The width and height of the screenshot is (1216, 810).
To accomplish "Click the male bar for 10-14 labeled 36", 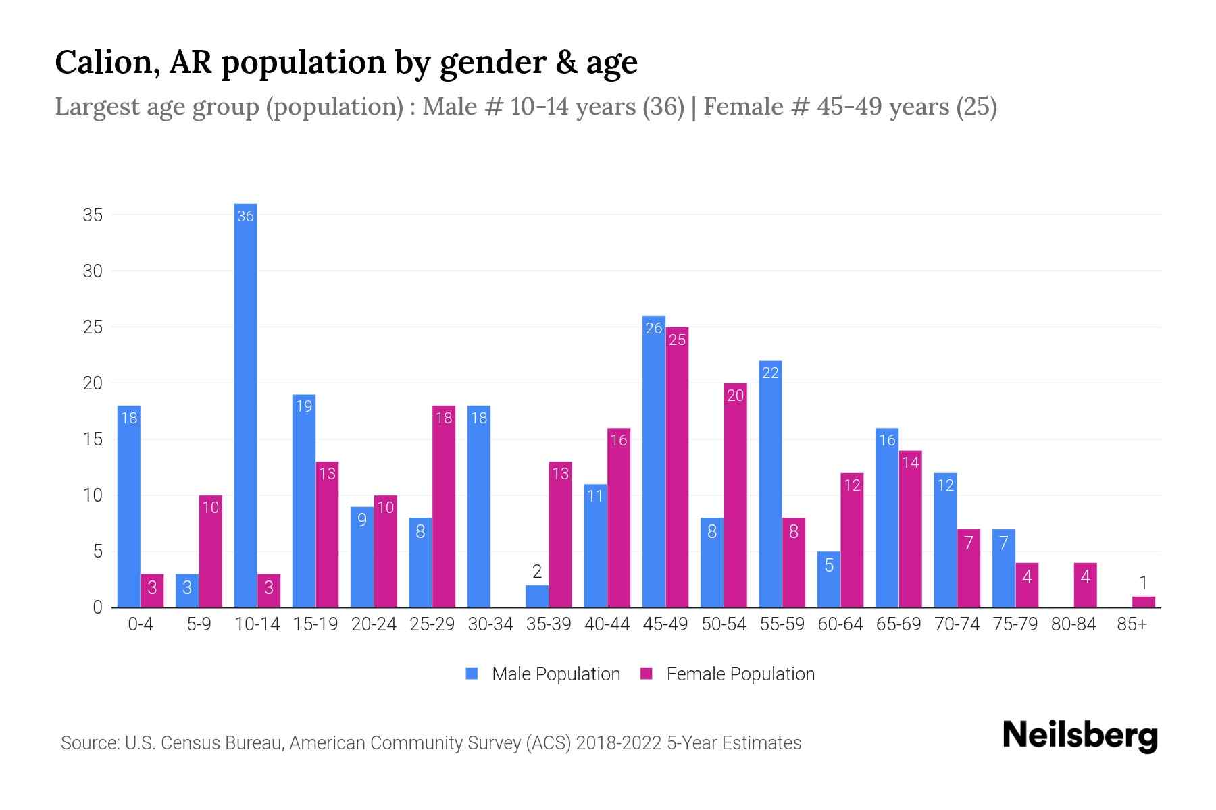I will point(245,405).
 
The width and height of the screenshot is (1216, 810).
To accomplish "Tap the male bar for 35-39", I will point(537,597).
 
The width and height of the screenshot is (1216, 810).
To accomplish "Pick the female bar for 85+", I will point(1143,602).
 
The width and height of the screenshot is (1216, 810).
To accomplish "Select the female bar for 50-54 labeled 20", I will point(735,495).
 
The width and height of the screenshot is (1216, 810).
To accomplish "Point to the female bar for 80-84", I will point(1085,585).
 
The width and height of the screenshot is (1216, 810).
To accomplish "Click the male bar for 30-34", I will point(479,506).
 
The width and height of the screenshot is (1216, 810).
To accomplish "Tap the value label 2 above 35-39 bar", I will point(537,572).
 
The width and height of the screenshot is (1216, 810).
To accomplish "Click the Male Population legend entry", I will point(543,674).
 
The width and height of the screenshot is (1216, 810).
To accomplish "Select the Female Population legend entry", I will point(728,674).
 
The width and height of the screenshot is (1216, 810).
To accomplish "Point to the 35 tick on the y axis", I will point(93,215).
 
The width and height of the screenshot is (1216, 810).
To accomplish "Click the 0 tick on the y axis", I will point(98,607).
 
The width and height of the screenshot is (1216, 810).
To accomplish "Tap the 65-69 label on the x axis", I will point(898,624).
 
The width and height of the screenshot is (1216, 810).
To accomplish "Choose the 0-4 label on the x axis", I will point(141,624).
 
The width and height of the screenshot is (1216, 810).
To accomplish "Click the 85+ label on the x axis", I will point(1132,624).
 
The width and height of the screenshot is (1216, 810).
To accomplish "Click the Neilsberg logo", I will point(1080,736).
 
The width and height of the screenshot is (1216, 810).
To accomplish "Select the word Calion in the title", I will point(107,62).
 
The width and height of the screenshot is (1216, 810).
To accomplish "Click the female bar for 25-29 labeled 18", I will point(444,506).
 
